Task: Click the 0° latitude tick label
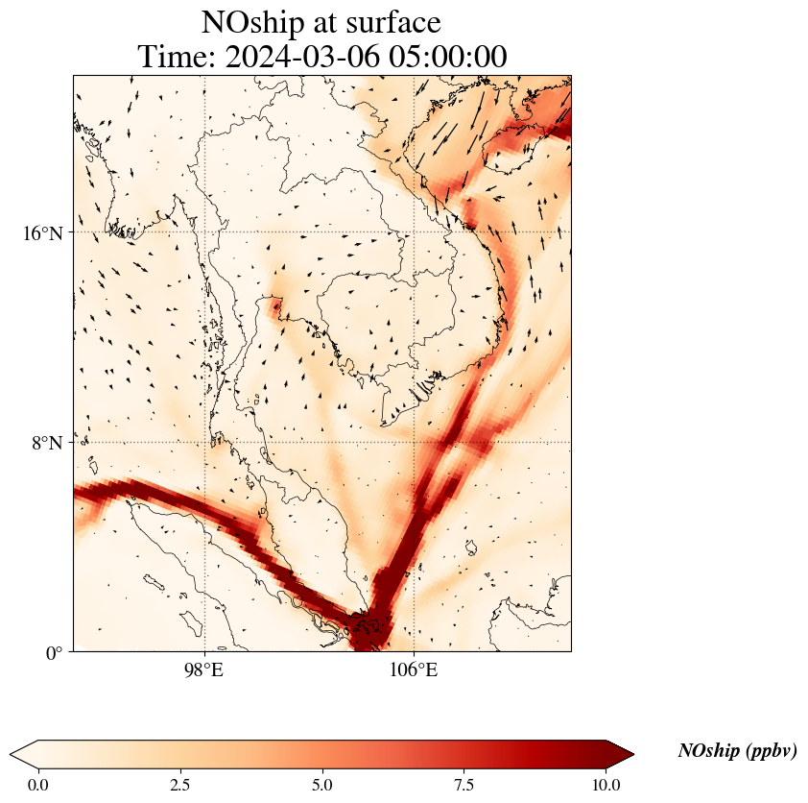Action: click(x=54, y=653)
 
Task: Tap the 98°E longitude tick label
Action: click(x=203, y=669)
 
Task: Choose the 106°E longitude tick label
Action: click(x=414, y=669)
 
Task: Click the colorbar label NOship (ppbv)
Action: click(x=737, y=751)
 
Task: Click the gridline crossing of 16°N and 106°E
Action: click(x=414, y=232)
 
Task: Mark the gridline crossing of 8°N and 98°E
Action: click(x=203, y=443)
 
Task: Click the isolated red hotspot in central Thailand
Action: click(x=276, y=307)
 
